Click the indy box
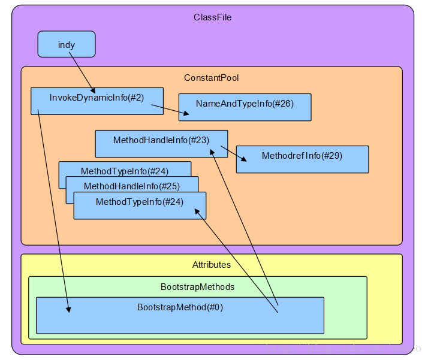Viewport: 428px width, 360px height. coord(66,44)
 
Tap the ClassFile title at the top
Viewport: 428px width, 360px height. coord(212,17)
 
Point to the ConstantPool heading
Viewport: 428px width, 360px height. coord(211,78)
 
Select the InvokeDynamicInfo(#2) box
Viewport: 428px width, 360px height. coord(96,101)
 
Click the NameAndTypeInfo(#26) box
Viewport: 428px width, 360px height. coord(245,107)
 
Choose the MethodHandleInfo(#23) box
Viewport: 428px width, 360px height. coord(161,143)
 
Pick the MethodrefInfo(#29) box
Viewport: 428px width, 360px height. coord(302,159)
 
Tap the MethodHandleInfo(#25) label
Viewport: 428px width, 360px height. coord(131,186)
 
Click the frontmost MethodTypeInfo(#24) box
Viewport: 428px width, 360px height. coord(140,205)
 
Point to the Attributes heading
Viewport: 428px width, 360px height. coord(211,265)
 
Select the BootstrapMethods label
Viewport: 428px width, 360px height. coord(197,287)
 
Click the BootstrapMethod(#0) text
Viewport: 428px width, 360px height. coord(180,307)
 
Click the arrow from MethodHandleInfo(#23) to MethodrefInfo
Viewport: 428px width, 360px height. coord(234,153)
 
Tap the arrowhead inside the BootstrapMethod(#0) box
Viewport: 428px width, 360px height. coord(69,308)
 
